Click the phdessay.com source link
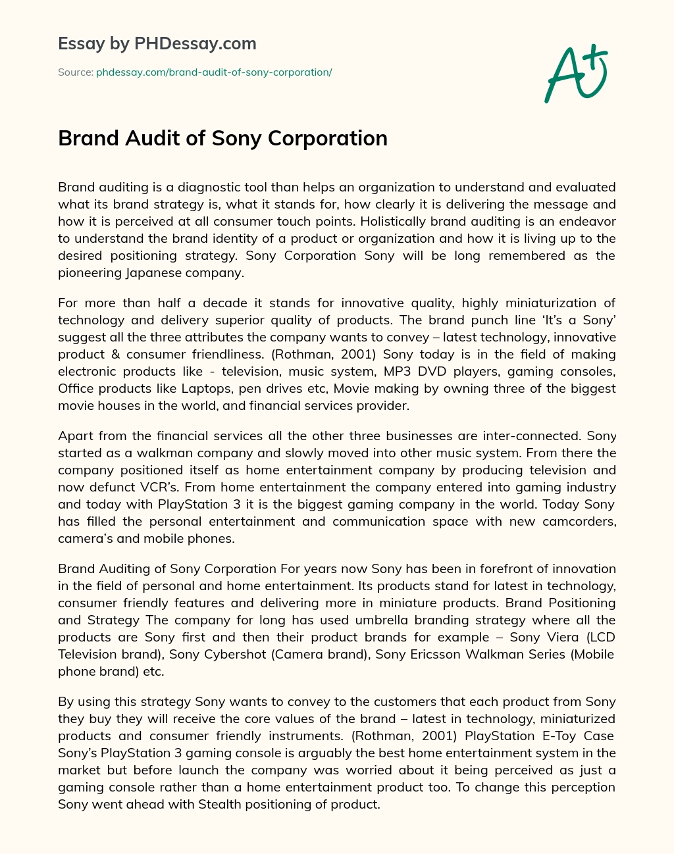(214, 72)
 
